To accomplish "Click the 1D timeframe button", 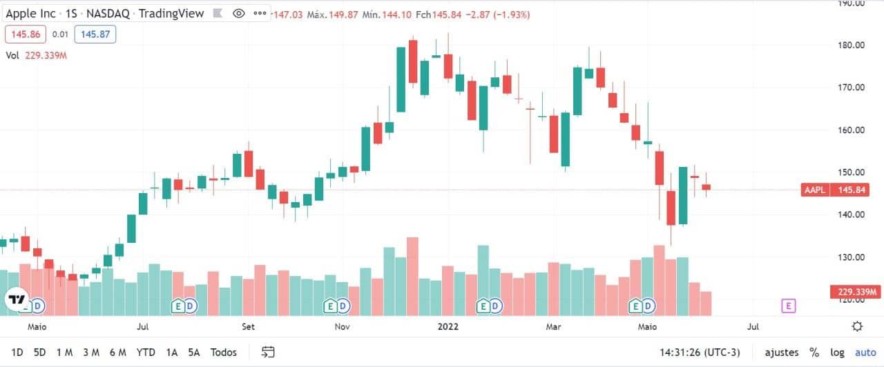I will (17, 353).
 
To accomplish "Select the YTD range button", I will (146, 353).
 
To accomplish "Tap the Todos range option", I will (224, 353).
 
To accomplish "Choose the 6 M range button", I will (117, 353).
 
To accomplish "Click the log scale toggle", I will (837, 353).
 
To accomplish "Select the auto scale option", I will (865, 353).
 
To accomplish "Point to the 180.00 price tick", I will (851, 45).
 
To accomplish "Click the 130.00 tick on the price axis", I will (851, 257).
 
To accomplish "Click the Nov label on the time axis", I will (341, 326).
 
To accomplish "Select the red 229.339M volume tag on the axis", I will (855, 292).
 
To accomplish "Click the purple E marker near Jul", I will (788, 306).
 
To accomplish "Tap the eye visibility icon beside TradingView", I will (239, 13).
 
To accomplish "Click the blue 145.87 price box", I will (95, 34).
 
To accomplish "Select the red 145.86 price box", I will (25, 34).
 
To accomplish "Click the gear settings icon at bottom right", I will (857, 326).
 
